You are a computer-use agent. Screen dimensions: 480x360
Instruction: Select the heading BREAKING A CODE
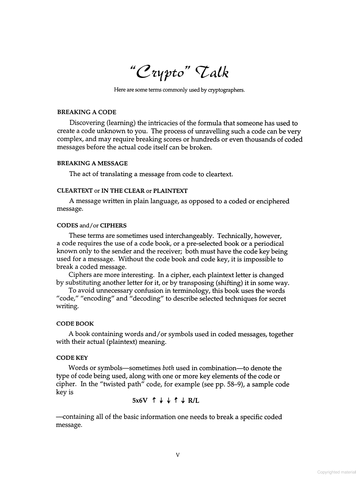(x=87, y=112)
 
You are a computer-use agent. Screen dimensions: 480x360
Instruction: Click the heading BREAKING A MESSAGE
(x=92, y=163)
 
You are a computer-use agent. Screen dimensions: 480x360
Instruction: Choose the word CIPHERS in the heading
(x=113, y=225)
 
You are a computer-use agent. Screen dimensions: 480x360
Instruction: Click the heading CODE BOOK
(x=75, y=324)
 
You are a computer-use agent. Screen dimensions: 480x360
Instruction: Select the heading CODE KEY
(x=72, y=358)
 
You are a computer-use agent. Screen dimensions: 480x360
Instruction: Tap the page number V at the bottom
(x=177, y=455)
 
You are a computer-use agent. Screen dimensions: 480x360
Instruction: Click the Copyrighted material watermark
(x=336, y=472)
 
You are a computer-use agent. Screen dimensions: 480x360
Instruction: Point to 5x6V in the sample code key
(x=140, y=401)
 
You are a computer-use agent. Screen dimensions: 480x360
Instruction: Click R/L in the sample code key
(x=193, y=401)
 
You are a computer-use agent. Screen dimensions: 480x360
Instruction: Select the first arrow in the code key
(x=154, y=400)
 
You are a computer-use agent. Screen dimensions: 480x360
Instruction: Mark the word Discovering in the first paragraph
(x=87, y=123)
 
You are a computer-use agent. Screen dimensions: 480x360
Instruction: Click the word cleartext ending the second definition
(x=219, y=174)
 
